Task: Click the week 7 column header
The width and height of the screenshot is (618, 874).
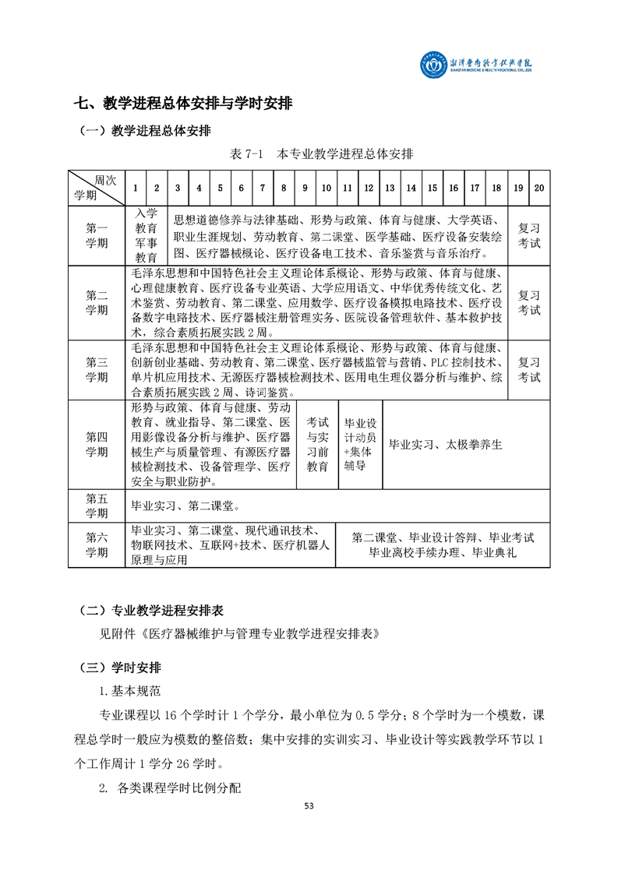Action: click(263, 188)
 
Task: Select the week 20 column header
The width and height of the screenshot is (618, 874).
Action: click(539, 188)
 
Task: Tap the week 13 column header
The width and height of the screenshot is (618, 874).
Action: click(390, 188)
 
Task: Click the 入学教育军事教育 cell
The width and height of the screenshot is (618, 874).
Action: click(147, 235)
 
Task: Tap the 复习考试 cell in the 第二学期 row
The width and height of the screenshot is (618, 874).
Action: click(529, 303)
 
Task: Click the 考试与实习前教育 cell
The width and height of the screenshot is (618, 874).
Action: click(317, 444)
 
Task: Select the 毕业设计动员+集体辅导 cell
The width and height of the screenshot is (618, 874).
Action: click(360, 444)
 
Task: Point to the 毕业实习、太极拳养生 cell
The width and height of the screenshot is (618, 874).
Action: click(447, 445)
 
